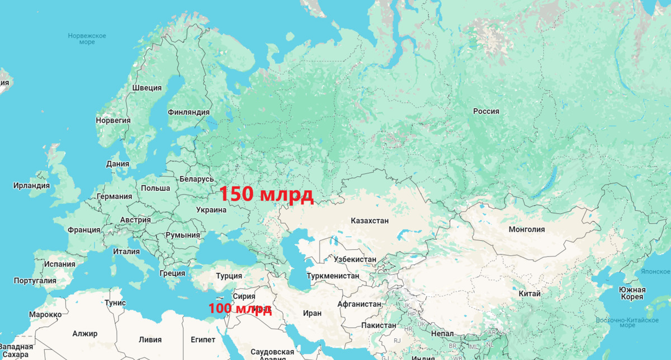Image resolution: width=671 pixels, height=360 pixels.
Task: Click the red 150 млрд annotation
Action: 266,194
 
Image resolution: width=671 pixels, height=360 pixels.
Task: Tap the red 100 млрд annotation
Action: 240,309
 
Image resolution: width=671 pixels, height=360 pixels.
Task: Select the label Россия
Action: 486,111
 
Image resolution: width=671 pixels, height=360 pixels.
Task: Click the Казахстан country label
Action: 370,221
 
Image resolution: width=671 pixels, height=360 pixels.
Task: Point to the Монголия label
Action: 526,229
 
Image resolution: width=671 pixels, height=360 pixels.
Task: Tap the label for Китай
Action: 530,293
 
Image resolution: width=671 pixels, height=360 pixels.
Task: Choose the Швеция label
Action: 147,88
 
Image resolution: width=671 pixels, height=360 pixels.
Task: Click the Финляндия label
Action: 188,112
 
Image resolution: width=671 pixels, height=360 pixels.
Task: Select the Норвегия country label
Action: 113,120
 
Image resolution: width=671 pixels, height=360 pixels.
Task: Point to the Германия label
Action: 114,197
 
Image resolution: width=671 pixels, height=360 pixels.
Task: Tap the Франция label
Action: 84,230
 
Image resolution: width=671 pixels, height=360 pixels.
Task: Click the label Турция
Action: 229,276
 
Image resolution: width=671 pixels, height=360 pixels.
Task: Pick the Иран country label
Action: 312,314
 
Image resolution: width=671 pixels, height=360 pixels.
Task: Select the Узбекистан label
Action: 355,259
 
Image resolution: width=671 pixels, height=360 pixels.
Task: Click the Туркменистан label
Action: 333,276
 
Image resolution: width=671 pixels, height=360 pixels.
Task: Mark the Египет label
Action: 202,340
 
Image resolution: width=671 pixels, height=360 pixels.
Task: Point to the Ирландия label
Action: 32,186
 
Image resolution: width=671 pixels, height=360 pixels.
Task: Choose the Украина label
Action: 211,210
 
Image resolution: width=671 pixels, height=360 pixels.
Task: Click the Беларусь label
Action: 197,179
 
